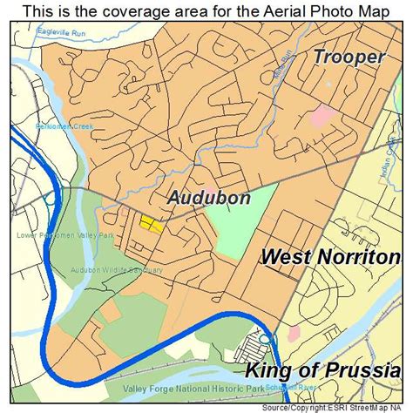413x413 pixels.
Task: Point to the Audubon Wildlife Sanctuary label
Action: click(117, 270)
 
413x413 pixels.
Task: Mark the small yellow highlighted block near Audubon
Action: click(151, 225)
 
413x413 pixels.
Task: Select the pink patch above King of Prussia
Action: click(295, 333)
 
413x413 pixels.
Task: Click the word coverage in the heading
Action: click(114, 10)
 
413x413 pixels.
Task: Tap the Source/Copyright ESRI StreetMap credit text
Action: click(348, 406)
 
